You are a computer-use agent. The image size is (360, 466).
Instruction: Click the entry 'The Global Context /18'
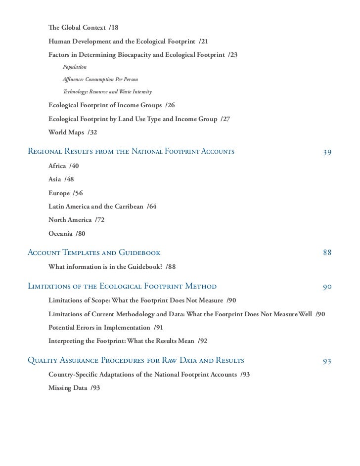[x=83, y=26]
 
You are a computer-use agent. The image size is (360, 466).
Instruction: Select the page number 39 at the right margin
[x=327, y=152]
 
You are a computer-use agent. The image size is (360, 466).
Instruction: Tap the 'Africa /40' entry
[x=63, y=166]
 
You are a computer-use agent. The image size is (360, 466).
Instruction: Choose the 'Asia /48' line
[x=61, y=179]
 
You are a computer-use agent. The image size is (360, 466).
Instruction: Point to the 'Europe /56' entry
[x=65, y=193]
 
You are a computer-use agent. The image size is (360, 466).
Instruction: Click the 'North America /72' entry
[x=76, y=219]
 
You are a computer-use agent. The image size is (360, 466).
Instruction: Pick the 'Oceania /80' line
[x=67, y=233]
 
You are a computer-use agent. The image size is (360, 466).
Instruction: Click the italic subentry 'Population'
[x=75, y=66]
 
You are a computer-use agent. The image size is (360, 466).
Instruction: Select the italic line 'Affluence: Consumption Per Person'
[x=100, y=79]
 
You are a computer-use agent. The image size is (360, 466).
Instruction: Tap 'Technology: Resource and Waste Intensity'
[x=107, y=92]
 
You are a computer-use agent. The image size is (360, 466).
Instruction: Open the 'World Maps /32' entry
[x=72, y=132]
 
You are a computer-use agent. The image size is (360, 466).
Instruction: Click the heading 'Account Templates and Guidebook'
[x=94, y=253]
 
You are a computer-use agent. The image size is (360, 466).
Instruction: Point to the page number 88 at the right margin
[x=327, y=253]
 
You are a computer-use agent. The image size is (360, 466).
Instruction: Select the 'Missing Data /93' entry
[x=74, y=388]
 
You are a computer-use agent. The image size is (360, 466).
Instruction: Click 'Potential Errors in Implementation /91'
[x=106, y=327]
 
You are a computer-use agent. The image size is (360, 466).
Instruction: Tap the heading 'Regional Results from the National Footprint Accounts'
[x=131, y=152]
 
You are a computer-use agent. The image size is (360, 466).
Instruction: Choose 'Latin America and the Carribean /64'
[x=102, y=206]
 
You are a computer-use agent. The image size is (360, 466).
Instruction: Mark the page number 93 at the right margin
[x=327, y=361]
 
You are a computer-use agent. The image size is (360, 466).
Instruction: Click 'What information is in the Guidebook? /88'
[x=112, y=267]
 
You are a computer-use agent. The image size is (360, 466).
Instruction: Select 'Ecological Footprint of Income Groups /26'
[x=111, y=105]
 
